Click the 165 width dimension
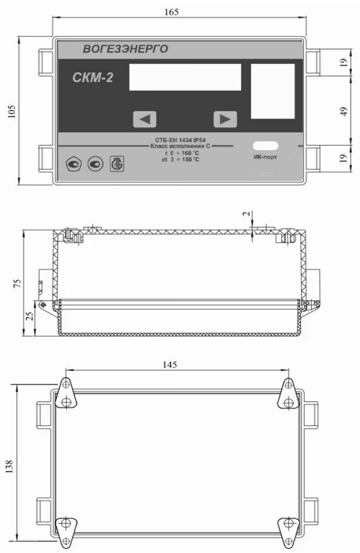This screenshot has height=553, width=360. click(x=172, y=12)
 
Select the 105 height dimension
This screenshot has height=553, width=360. click(x=12, y=111)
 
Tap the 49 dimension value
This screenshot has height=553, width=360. click(x=344, y=111)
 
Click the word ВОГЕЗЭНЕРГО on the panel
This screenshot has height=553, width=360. click(x=126, y=49)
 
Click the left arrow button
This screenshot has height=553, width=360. click(x=144, y=119)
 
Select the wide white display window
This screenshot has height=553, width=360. click(x=185, y=77)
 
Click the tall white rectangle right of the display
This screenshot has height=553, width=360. click(x=273, y=92)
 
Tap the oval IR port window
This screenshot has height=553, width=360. click(x=265, y=146)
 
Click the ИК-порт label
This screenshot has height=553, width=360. click(x=265, y=157)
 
